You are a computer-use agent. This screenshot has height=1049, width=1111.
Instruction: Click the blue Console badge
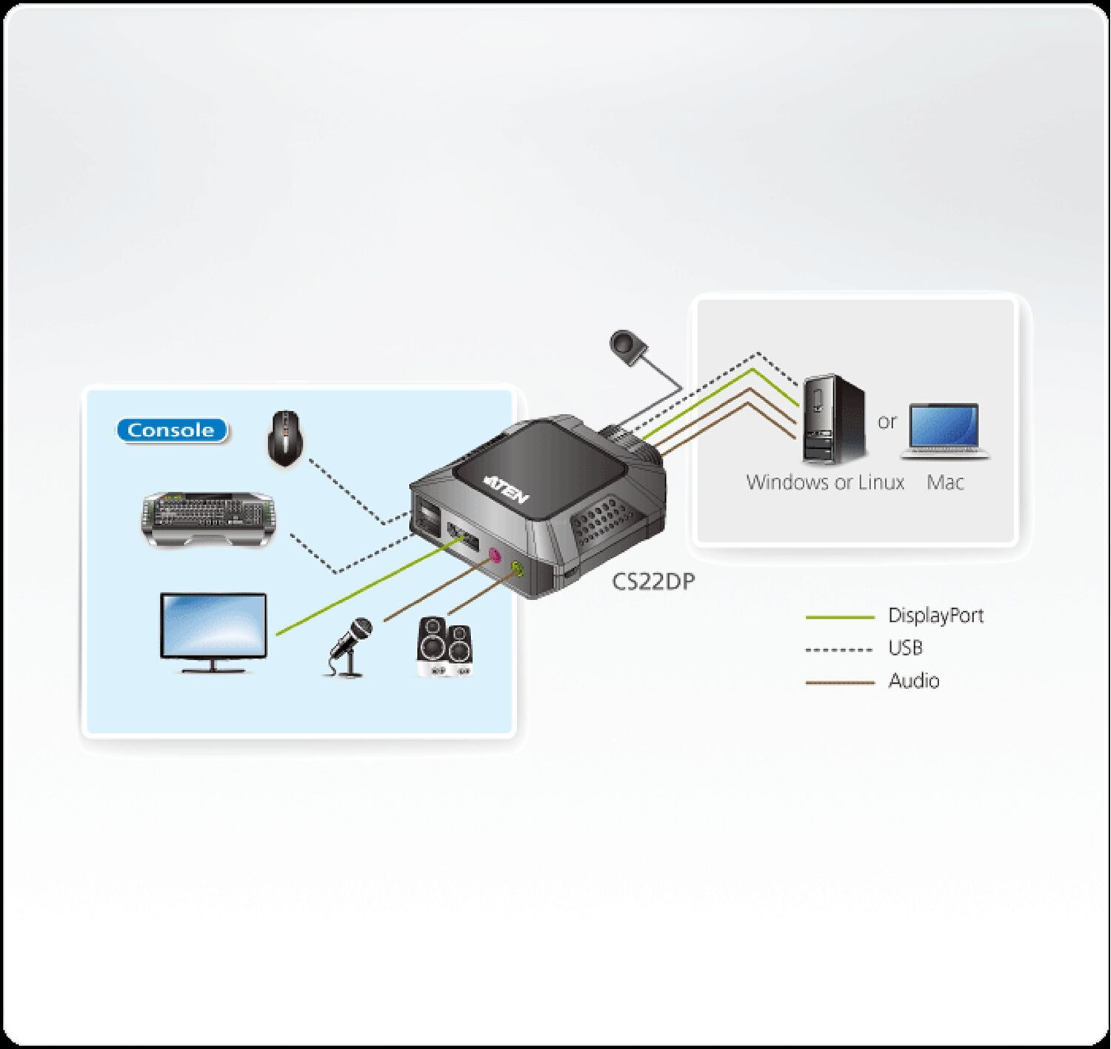(x=173, y=430)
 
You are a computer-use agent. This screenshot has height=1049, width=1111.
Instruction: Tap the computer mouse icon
(x=285, y=439)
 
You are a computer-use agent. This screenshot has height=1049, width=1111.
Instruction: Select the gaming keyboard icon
(x=209, y=519)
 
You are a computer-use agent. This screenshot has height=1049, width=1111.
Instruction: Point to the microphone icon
(x=348, y=647)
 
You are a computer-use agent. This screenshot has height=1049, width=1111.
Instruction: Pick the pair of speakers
(x=444, y=647)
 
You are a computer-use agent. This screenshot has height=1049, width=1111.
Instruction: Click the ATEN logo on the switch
(x=505, y=490)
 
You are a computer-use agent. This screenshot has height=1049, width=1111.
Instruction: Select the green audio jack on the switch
(x=518, y=570)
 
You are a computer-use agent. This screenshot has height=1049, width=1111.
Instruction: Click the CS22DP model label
(x=653, y=582)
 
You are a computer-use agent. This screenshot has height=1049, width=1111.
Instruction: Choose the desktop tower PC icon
(x=834, y=419)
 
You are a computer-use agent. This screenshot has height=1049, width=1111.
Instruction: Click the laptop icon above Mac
(x=945, y=432)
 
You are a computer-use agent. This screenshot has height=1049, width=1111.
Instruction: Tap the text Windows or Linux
(x=825, y=482)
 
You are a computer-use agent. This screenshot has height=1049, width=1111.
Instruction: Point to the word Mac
(x=945, y=482)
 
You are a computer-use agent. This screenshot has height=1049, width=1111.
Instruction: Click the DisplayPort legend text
(x=936, y=615)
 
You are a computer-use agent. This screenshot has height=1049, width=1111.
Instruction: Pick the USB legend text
(x=905, y=647)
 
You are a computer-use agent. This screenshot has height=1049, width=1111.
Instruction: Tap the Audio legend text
(x=914, y=681)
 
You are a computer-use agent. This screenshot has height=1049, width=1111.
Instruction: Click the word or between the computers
(x=887, y=422)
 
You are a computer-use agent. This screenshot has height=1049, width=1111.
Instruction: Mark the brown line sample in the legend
(x=840, y=682)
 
